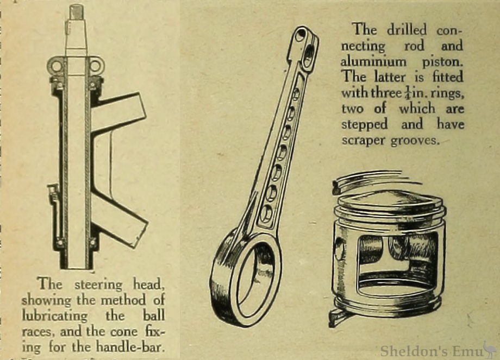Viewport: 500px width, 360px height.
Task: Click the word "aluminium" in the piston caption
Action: coord(373,61)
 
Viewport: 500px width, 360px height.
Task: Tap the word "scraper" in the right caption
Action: coord(363,141)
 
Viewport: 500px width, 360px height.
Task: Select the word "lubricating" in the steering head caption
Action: coord(54,316)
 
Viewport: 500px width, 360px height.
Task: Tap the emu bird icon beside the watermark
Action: coord(490,349)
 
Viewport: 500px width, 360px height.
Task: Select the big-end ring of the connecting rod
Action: coord(246,280)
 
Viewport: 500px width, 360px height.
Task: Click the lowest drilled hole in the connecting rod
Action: coord(266,213)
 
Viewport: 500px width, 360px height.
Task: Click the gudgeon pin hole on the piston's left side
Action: coord(340,249)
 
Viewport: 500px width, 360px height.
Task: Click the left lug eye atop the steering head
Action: coord(57,67)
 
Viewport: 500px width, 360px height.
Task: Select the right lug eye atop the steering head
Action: coord(95,67)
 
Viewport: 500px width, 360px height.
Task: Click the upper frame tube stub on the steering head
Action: coord(121,108)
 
